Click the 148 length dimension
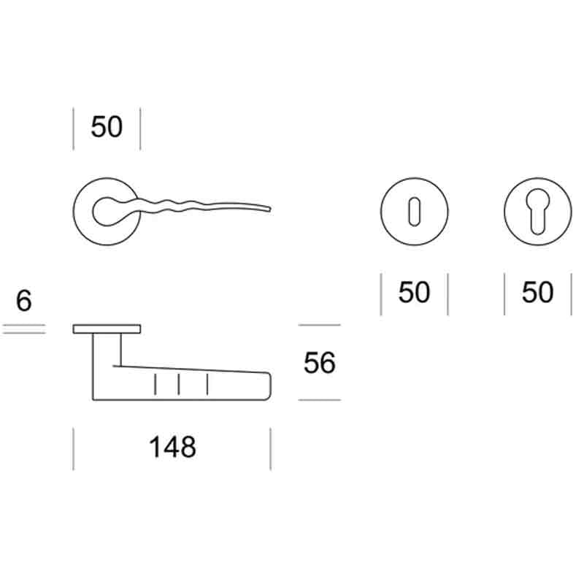(172, 447)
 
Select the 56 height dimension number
(320, 362)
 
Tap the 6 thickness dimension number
(24, 301)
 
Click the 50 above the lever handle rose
(107, 126)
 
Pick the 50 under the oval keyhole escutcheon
(414, 292)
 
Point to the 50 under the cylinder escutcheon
(537, 292)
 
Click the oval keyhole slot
(414, 212)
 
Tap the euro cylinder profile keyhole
(537, 212)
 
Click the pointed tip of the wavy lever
(270, 209)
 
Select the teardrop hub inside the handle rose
(108, 212)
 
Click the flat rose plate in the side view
(107, 329)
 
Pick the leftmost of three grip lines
(155, 385)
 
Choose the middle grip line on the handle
(179, 385)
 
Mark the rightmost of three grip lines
(207, 385)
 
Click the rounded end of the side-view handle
(269, 386)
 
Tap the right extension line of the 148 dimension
(270, 449)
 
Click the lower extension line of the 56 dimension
(320, 400)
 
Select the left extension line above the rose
(74, 129)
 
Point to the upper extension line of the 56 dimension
(320, 325)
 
